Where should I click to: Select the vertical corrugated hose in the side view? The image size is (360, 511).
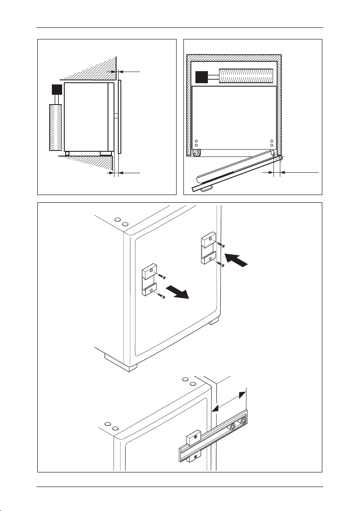pos(56,127)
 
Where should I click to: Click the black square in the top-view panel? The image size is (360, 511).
pos(201,77)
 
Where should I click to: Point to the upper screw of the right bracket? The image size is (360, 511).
pos(221,245)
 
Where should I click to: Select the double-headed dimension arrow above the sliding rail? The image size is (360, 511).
pos(230,400)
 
